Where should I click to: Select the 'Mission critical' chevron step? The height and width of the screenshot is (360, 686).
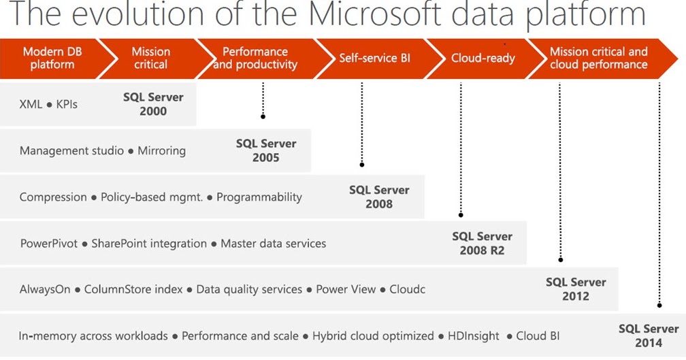pos(150,59)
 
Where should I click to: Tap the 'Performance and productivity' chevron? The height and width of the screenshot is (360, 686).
pos(255,59)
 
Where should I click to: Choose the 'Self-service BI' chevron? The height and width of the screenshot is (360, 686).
pos(375,59)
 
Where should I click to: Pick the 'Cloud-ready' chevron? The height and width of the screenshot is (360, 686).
pos(483,59)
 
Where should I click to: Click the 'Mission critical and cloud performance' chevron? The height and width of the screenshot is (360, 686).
pos(598,59)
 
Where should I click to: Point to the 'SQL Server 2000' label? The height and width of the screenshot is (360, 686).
pos(153,104)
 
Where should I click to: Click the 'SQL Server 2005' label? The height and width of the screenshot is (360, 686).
pos(266,150)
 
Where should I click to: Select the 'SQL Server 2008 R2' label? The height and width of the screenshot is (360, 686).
pos(482,244)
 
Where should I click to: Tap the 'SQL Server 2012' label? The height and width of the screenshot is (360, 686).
pos(576,289)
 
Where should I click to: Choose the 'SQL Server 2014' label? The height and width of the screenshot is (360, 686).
pos(649,336)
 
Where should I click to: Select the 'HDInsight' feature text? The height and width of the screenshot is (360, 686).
pos(473,336)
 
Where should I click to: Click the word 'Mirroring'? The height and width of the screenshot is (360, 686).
pos(161,150)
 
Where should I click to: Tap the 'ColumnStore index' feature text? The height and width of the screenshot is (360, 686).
pos(133,289)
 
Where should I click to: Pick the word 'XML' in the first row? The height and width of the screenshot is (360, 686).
pos(31,104)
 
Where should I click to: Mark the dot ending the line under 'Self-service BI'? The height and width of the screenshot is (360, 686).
pos(362,165)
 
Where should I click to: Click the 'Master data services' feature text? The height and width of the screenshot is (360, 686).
pos(273,243)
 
